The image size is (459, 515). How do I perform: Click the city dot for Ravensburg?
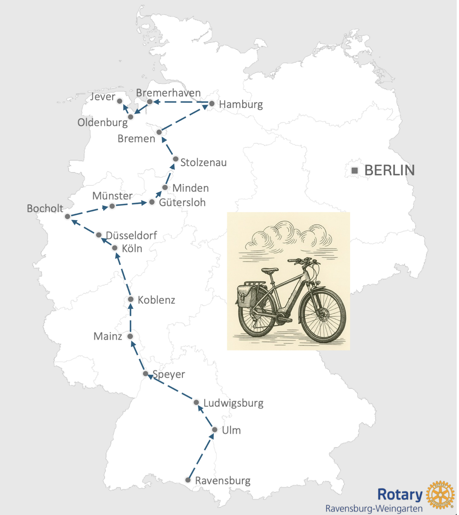(188, 480)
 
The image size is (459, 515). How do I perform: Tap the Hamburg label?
(241, 105)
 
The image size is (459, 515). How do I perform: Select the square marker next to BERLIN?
(355, 170)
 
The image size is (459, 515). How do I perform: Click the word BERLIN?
(389, 170)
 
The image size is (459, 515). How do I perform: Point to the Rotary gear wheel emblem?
(440, 495)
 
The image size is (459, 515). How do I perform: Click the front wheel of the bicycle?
(323, 316)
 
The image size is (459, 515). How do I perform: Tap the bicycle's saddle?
(270, 270)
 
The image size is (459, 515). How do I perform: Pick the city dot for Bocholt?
(67, 216)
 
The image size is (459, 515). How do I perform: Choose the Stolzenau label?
(203, 163)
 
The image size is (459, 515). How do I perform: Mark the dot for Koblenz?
(131, 299)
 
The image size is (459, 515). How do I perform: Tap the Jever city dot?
(120, 101)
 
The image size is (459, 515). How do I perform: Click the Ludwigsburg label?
(233, 403)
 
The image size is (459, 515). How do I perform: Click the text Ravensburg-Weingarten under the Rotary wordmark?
(374, 509)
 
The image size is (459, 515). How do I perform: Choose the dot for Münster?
(112, 206)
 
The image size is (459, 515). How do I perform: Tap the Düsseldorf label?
(131, 236)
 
